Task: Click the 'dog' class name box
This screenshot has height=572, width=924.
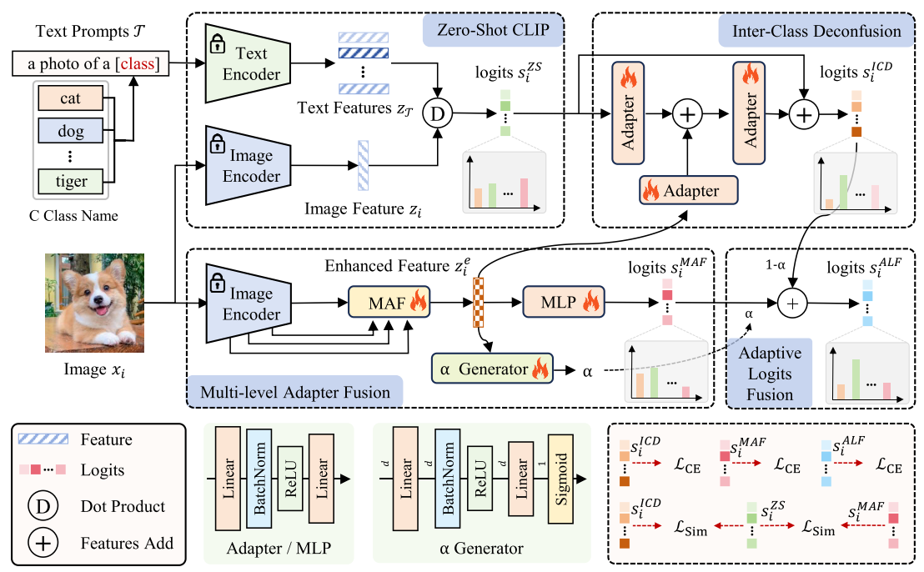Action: (x=70, y=131)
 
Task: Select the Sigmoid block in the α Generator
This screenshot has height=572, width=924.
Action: (x=560, y=478)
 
